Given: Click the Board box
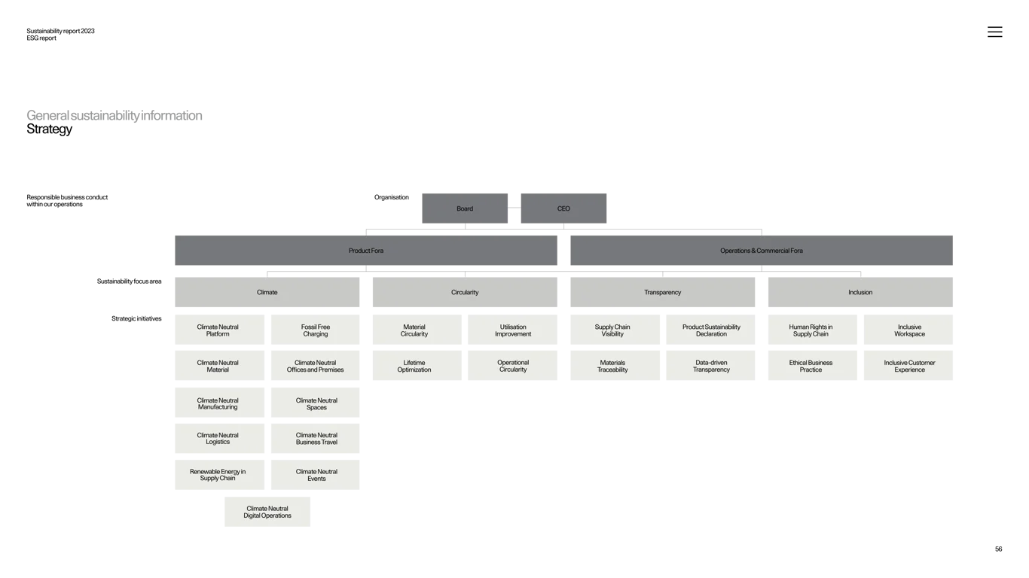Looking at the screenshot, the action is pos(465,208).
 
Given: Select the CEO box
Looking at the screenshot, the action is pos(563,208).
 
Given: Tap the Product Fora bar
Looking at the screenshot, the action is pos(365,250).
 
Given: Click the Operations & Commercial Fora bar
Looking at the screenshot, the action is pos(761,250).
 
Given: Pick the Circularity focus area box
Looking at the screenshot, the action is pos(465,292).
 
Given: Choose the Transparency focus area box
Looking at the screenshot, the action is pos(662,292).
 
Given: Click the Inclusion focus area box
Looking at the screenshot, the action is pos(860,292).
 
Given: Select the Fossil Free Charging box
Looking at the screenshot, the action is pos(315,330).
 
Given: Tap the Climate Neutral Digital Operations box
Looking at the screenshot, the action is pos(267,512).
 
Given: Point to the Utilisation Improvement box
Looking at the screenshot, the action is pos(512,330).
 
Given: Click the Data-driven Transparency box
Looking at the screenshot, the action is pos(710,366).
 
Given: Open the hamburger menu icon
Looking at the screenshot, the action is pos(994,32).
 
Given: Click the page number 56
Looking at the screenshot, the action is pos(998,549).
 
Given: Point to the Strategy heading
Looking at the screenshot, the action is pos(49,129).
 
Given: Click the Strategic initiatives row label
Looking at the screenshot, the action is pos(136,318).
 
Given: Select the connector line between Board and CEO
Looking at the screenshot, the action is pos(514,208).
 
